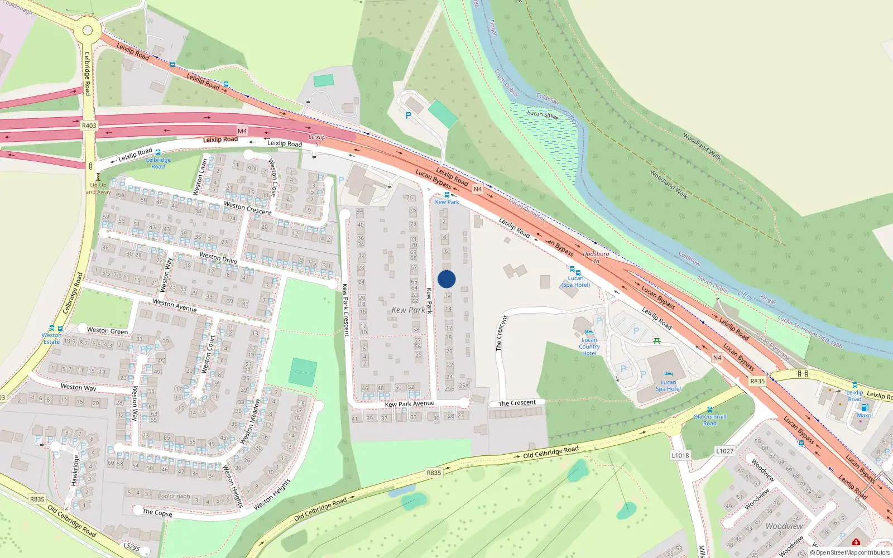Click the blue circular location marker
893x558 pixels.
(x=446, y=279)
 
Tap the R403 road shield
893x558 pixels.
(x=89, y=126)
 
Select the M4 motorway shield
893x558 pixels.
(x=242, y=131)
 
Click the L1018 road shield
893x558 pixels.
(x=680, y=455)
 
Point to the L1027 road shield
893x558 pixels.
(x=724, y=451)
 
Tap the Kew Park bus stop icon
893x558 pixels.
(x=447, y=195)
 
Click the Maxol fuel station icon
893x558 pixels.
(x=865, y=408)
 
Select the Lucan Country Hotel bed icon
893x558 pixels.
(x=589, y=333)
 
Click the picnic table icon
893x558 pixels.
(x=657, y=341)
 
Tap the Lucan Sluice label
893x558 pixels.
(x=542, y=114)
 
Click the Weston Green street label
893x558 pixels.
(x=107, y=330)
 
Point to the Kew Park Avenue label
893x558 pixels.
(x=409, y=403)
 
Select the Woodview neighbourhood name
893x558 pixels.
(x=784, y=526)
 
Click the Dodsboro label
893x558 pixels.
(x=596, y=254)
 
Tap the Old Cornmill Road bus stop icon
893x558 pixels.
(x=710, y=410)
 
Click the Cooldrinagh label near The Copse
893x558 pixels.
(x=174, y=496)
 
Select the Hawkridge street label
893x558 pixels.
(x=75, y=470)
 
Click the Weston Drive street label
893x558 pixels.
(x=218, y=257)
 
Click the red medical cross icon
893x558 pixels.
(x=856, y=542)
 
